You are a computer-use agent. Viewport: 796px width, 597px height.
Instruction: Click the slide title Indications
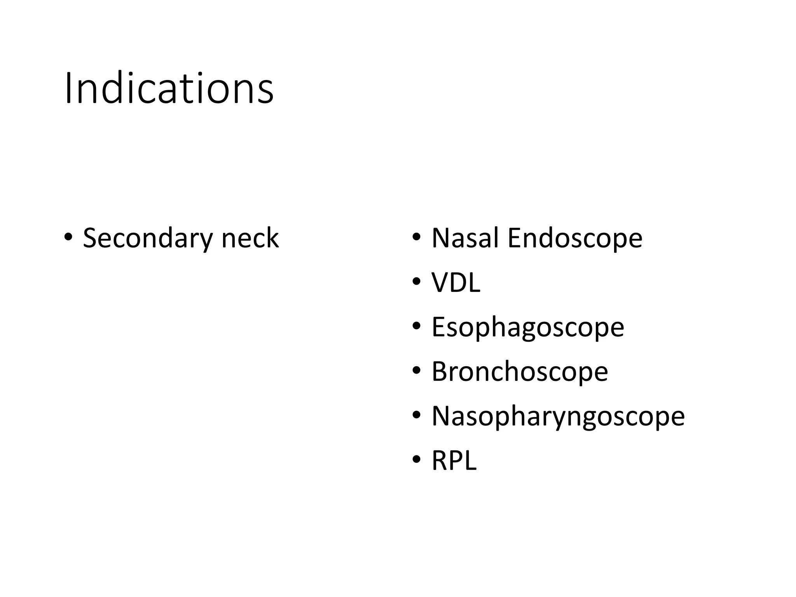click(x=169, y=89)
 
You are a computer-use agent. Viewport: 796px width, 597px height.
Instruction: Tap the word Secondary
click(x=148, y=238)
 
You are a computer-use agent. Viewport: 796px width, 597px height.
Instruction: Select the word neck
click(x=250, y=238)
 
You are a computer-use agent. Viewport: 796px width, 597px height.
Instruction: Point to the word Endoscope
click(x=575, y=238)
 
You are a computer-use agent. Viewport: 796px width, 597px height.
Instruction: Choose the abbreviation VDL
click(x=456, y=282)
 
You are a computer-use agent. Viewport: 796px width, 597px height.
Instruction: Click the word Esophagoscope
click(x=528, y=327)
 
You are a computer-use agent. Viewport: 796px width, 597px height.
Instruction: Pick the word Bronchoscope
click(x=520, y=371)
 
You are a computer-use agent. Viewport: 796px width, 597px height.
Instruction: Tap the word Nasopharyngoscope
click(x=558, y=416)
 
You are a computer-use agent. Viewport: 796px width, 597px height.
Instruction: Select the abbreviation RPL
click(x=454, y=461)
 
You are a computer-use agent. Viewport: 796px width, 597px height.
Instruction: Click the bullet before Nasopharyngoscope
click(x=417, y=415)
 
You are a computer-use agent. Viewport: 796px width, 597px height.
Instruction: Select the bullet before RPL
click(x=417, y=460)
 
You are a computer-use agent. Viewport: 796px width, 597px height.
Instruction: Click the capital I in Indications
click(x=68, y=88)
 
